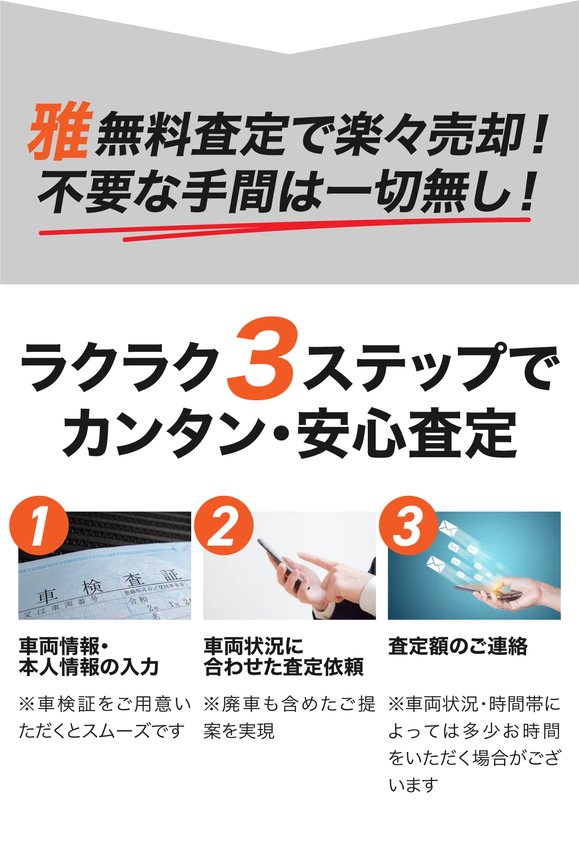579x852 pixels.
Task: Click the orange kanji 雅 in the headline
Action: click(x=60, y=132)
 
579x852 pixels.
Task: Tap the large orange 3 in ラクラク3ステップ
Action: click(x=263, y=358)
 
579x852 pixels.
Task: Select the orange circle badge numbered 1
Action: click(x=39, y=525)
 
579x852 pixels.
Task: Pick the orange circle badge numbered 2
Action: click(x=224, y=525)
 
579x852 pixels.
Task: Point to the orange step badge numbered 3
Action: click(x=409, y=525)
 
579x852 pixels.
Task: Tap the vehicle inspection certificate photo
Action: click(x=104, y=565)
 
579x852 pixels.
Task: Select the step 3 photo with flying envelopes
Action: click(x=474, y=565)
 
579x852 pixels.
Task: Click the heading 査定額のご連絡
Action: click(x=458, y=646)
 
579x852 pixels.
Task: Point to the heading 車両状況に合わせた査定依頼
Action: click(x=283, y=656)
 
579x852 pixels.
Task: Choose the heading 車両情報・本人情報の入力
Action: click(x=89, y=656)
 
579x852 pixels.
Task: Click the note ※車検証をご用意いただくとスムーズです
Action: click(x=104, y=717)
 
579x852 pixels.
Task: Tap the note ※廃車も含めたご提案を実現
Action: click(x=289, y=717)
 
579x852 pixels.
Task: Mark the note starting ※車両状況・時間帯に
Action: click(x=474, y=744)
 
